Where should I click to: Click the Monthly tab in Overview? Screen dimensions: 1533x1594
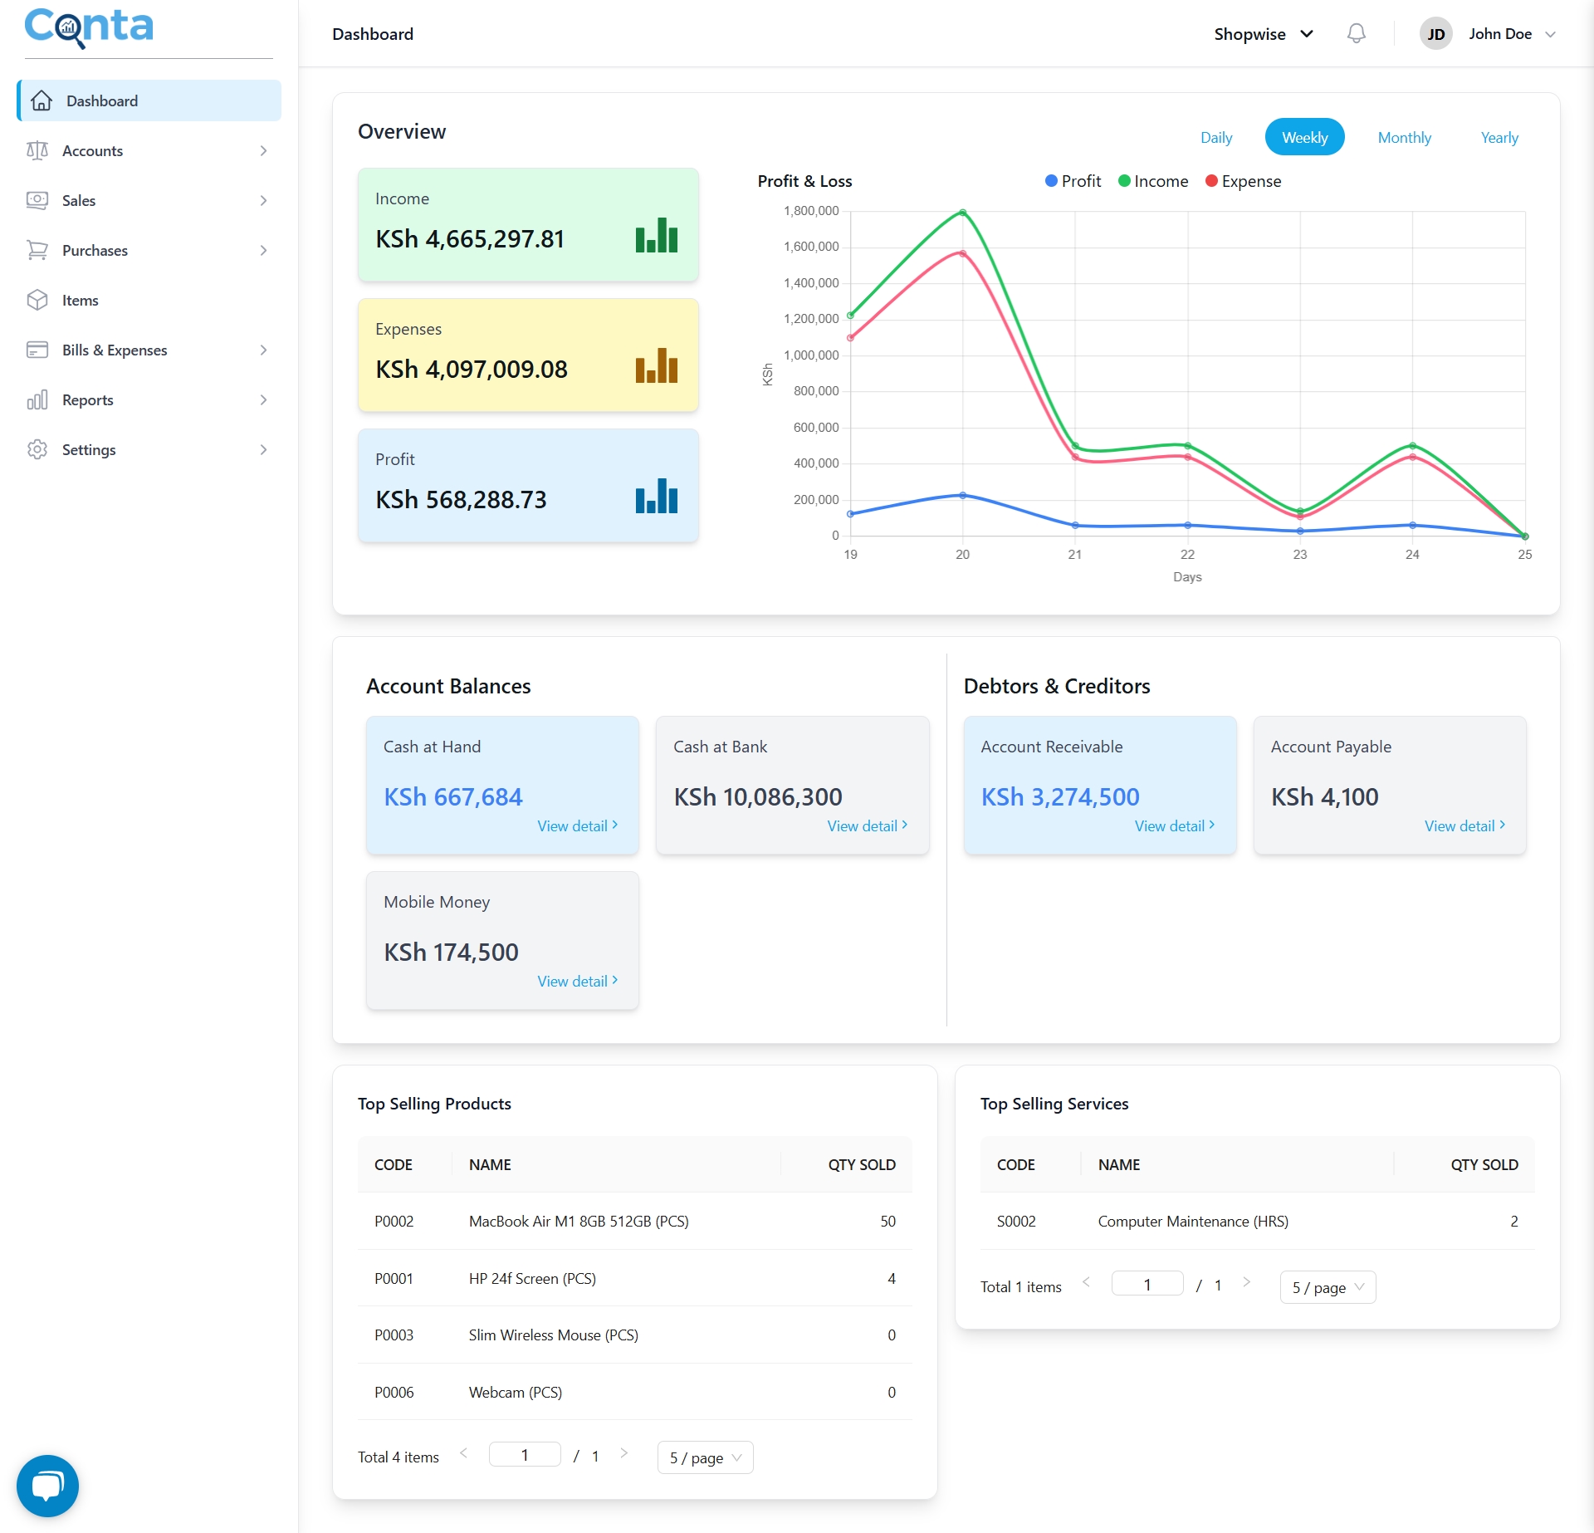pos(1404,138)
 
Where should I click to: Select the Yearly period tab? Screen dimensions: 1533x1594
pos(1499,138)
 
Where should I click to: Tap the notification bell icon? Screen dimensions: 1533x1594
pos(1356,34)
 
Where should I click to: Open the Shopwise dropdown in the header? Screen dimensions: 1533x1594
pos(1263,34)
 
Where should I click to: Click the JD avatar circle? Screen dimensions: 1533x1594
pos(1435,34)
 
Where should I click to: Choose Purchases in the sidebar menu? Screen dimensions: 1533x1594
pos(95,251)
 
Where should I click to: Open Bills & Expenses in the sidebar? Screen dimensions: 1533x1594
pos(115,350)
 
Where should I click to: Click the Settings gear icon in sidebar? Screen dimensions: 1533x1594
pos(37,450)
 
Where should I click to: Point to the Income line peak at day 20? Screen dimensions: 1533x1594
pos(962,213)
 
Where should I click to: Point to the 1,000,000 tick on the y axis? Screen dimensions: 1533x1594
pos(810,355)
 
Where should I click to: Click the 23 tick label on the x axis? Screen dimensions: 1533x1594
pos(1299,555)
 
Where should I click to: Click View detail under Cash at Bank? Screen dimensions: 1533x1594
pos(867,826)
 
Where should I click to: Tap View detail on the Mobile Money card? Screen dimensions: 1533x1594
pos(577,982)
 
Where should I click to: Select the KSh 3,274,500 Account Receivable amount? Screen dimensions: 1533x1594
pos(1059,797)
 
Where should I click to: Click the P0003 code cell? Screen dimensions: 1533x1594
pos(394,1335)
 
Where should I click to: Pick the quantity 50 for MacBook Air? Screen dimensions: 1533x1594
pos(887,1222)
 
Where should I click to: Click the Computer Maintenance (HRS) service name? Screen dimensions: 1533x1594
pos(1192,1222)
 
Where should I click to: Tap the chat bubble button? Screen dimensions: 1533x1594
pos(47,1486)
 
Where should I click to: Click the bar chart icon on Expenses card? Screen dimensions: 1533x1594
pos(656,365)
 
